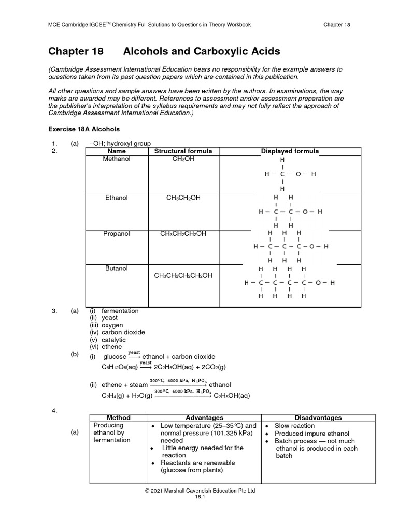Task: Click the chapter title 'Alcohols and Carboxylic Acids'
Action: click(x=202, y=51)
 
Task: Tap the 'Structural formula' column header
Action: click(x=183, y=151)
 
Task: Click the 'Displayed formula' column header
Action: click(x=290, y=151)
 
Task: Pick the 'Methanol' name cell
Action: click(x=117, y=159)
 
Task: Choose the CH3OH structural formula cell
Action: click(x=183, y=159)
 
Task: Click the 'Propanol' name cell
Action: click(x=117, y=234)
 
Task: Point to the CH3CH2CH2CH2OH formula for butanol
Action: click(x=183, y=275)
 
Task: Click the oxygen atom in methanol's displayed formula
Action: click(x=298, y=175)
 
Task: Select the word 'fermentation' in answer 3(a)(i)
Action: click(x=120, y=311)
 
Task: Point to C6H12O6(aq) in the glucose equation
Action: click(x=119, y=367)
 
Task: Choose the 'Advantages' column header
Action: click(x=204, y=417)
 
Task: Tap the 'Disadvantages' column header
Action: click(x=318, y=417)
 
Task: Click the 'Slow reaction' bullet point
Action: click(x=294, y=426)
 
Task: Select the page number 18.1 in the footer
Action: click(x=200, y=496)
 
